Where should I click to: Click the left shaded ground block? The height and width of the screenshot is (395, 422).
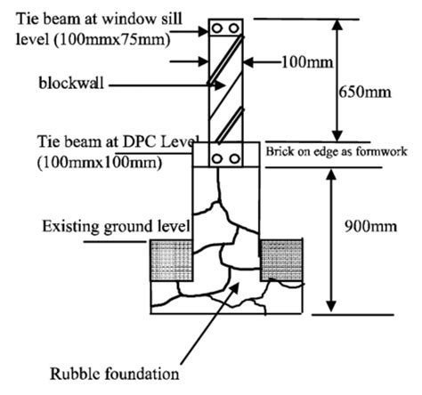pyautogui.click(x=167, y=261)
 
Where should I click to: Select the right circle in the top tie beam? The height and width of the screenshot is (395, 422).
pyautogui.click(x=234, y=27)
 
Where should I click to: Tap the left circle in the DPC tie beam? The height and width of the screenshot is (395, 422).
pyautogui.click(x=217, y=157)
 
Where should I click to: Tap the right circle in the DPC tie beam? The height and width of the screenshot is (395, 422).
pyautogui.click(x=235, y=157)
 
